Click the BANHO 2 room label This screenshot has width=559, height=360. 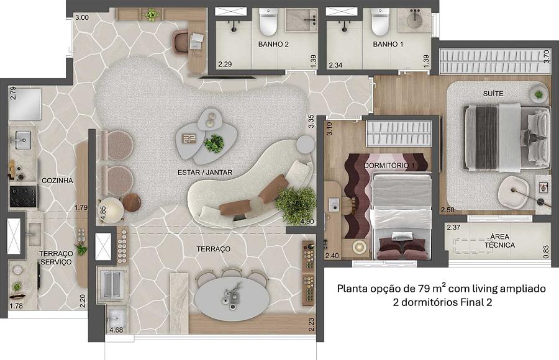click(x=273, y=44)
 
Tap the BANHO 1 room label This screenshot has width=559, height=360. click(x=388, y=44)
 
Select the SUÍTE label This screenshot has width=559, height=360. click(x=493, y=93)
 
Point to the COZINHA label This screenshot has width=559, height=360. click(x=57, y=181)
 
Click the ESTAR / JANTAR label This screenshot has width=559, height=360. click(x=205, y=173)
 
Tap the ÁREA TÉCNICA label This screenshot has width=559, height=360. click(x=500, y=241)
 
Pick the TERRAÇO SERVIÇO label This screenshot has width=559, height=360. click(x=56, y=258)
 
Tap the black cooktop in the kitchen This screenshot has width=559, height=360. click(x=23, y=196)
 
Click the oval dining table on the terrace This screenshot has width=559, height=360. click(x=232, y=299)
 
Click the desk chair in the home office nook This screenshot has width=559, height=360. click(x=182, y=43)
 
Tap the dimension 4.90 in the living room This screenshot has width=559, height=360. click(x=307, y=222)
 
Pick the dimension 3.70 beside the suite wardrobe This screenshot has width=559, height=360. click(x=547, y=56)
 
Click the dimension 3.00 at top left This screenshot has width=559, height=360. click(x=82, y=17)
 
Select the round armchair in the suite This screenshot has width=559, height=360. click(x=514, y=192)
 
